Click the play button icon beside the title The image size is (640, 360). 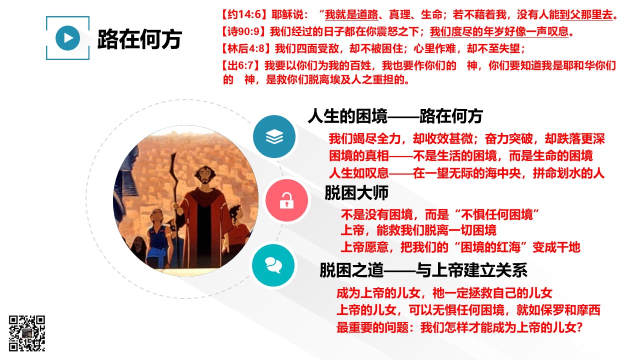tap(67, 38)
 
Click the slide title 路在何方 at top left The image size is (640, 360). tap(139, 39)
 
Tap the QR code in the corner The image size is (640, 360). tap(27, 333)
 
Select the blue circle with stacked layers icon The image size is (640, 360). tap(274, 136)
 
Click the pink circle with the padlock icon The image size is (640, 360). tap(286, 200)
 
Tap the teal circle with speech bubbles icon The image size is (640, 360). tap(273, 265)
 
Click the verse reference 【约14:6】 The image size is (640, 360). tap(245, 14)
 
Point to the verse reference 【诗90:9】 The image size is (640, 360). tap(244, 31)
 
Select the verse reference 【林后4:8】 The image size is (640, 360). tap(247, 48)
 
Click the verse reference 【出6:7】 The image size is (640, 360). tap(241, 65)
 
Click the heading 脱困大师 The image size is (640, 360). tap(356, 193)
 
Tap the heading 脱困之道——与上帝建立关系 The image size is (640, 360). tap(423, 270)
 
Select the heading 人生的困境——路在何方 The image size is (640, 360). tap(395, 116)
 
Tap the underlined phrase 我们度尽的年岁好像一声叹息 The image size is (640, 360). tap(499, 31)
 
